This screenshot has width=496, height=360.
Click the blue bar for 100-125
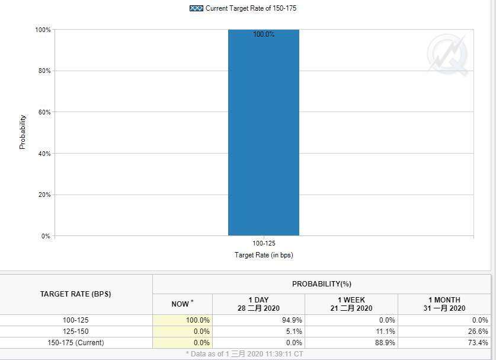(264, 132)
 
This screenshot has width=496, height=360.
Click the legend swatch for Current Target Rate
(196, 8)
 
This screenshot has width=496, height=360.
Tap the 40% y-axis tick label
(44, 154)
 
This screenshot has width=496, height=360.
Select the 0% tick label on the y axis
(46, 236)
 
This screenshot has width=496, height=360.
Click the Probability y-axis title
(23, 132)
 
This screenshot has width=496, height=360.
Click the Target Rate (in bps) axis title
(264, 255)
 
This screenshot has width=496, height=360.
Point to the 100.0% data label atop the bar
(264, 34)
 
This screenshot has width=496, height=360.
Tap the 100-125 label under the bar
(264, 243)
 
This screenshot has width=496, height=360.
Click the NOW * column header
(183, 304)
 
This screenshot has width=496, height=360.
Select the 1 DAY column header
(259, 304)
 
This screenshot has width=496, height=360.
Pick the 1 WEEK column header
(351, 304)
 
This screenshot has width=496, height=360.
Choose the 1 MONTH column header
(444, 304)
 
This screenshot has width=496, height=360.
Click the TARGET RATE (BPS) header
(76, 294)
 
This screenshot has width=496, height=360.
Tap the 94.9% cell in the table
(292, 320)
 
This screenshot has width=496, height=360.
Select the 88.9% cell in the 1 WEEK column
(385, 343)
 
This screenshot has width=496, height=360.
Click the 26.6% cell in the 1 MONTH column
(478, 331)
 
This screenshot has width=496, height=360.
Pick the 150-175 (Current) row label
(76, 343)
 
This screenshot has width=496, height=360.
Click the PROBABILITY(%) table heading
(322, 284)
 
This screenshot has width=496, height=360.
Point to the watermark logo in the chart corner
(447, 55)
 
